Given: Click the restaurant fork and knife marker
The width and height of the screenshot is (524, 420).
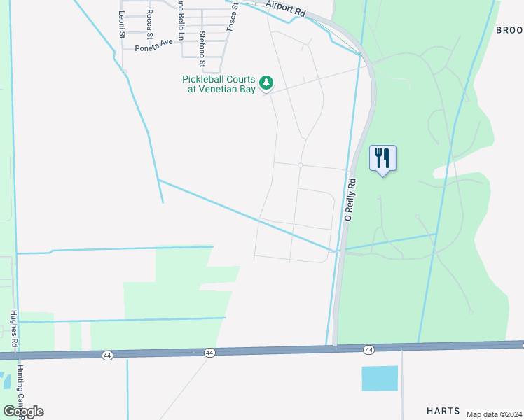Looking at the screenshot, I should [382, 157].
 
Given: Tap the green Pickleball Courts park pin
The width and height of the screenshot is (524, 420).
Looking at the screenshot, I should [266, 83].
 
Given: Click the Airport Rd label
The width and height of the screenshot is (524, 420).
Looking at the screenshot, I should [286, 9].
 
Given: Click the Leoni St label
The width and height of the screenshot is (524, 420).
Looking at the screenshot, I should [122, 24].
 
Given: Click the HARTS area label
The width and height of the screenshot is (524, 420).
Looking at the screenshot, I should [443, 411].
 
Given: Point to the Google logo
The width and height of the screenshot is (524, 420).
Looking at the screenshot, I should [23, 412].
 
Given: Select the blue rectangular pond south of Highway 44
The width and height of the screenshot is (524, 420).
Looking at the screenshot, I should [380, 378].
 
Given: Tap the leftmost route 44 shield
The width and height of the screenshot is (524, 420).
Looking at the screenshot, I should [106, 355].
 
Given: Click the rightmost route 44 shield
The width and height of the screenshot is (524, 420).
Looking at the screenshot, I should [368, 349].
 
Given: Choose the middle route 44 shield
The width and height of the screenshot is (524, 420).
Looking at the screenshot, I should [209, 353].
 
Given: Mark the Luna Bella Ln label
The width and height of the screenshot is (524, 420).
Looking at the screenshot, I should [180, 21].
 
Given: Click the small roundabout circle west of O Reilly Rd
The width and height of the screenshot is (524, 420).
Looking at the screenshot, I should [300, 165].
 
